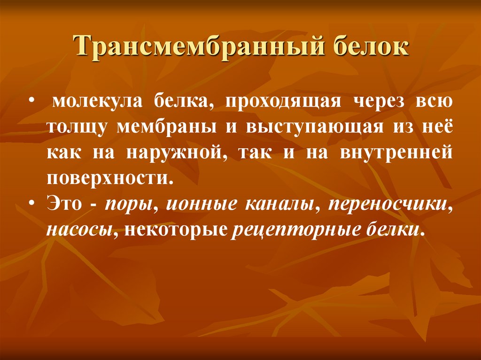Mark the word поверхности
coord(107,180)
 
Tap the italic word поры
coord(124,207)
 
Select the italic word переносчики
coord(389,207)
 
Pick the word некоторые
coord(175,230)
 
